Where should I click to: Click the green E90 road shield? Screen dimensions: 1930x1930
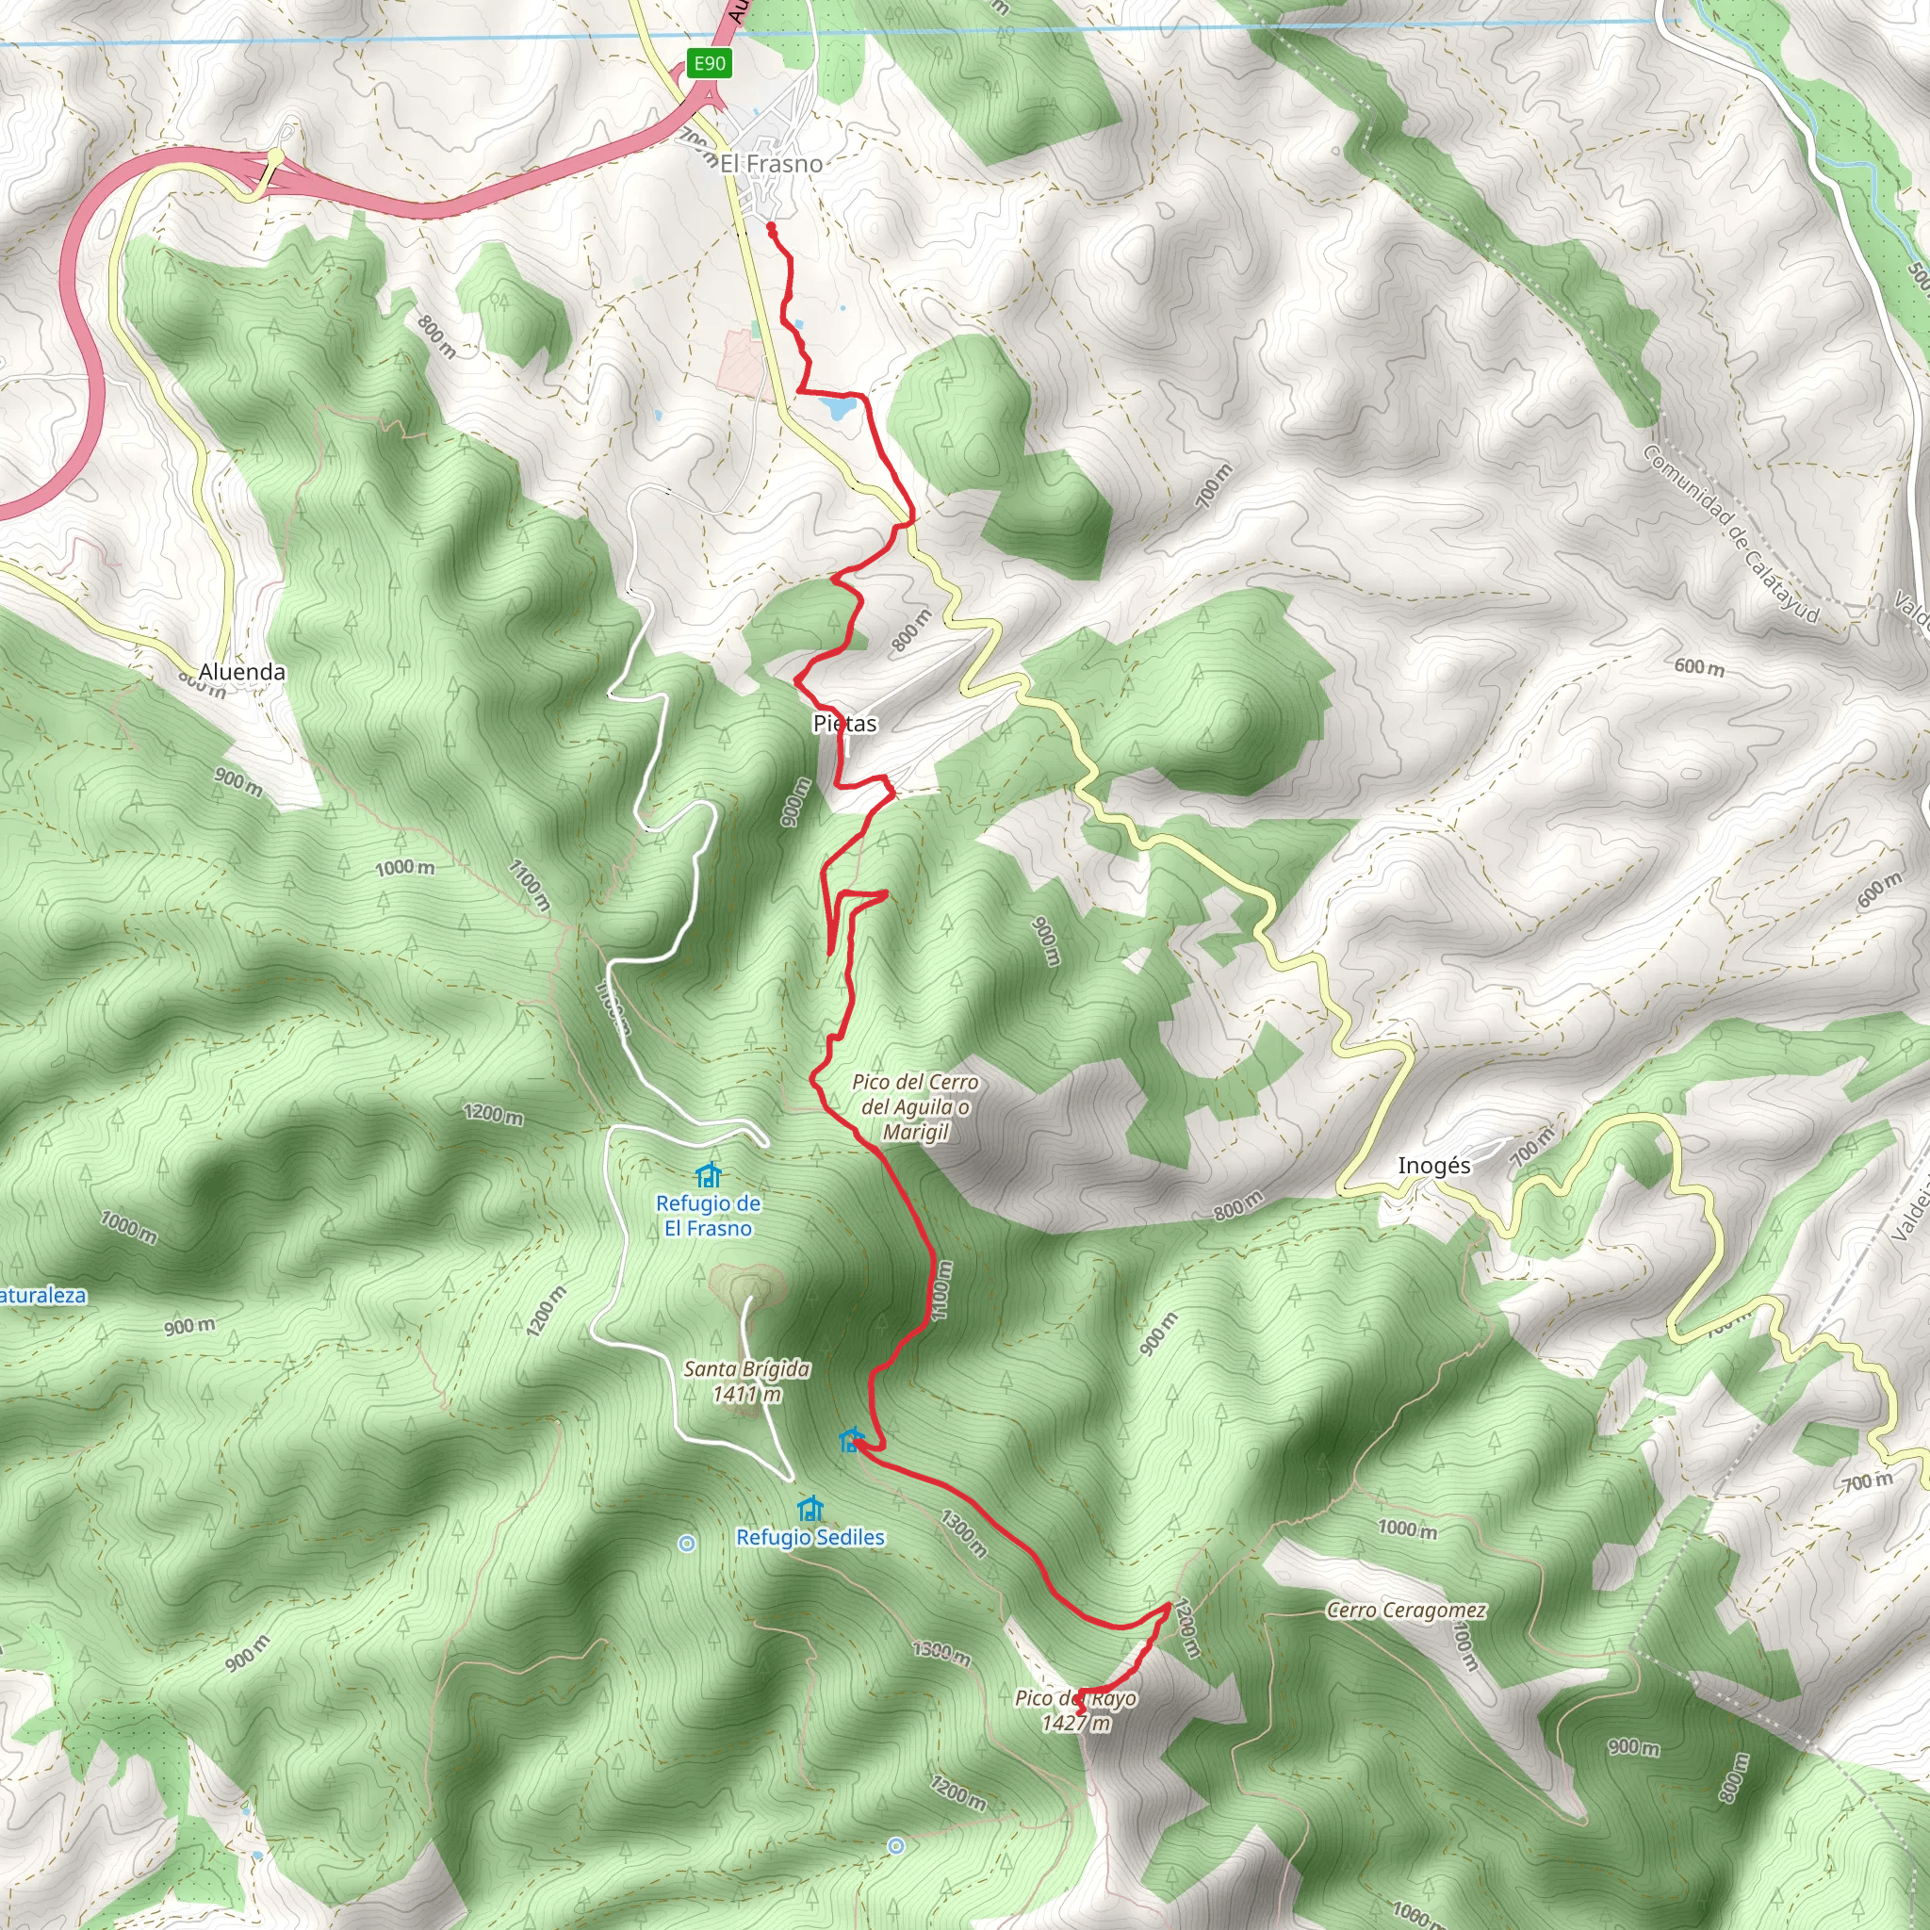click(710, 64)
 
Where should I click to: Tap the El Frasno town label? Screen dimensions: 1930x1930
click(771, 164)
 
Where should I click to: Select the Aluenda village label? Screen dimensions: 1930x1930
click(242, 671)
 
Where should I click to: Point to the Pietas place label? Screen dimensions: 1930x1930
click(845, 723)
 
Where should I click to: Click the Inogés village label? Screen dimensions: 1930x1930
click(1433, 1166)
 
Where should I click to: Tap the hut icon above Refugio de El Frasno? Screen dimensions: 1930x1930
click(709, 1175)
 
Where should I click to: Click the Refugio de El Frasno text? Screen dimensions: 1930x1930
click(709, 1216)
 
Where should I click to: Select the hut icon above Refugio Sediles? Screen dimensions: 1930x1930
click(810, 1508)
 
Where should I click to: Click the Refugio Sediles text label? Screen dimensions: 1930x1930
click(810, 1537)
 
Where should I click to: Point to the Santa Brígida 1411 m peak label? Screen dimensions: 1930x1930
click(746, 1382)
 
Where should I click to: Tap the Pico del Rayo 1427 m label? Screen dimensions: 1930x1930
click(1076, 1710)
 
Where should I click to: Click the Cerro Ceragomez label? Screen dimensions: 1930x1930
click(1405, 1611)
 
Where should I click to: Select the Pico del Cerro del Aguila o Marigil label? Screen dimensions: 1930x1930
click(915, 1107)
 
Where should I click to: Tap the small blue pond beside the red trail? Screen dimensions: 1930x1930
click(836, 407)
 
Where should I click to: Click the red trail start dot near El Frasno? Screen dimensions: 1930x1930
click(771, 228)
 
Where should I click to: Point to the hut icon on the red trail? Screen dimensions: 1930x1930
click(850, 1441)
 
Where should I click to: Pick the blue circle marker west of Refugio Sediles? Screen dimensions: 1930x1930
click(686, 1544)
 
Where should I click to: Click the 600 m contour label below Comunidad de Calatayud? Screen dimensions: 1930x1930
click(1699, 666)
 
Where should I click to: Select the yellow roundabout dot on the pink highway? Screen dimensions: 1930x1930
click(275, 155)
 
